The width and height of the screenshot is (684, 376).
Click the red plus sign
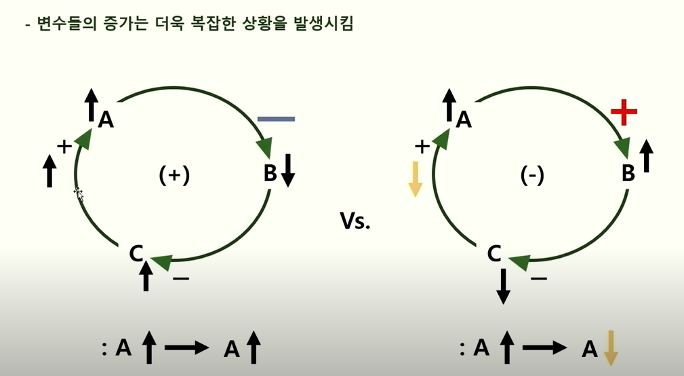[624, 113]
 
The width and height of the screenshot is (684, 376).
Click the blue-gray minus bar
[276, 119]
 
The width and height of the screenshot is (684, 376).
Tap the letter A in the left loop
[106, 119]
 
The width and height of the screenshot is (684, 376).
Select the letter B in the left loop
[270, 174]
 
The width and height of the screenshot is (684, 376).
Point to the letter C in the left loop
[136, 254]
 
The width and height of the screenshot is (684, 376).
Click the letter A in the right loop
[464, 119]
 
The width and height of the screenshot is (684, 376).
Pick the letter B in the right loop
[628, 174]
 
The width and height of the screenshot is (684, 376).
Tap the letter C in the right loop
[494, 254]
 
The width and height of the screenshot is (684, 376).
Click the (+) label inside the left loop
[174, 175]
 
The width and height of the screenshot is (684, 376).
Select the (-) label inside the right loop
[532, 175]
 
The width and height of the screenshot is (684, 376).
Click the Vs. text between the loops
[355, 221]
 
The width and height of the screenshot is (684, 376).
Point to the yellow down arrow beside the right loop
[415, 179]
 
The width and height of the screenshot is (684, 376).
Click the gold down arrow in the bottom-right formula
[611, 347]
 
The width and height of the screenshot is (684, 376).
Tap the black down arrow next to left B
[288, 170]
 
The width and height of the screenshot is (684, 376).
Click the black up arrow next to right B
[646, 155]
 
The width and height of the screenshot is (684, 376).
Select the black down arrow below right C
[503, 286]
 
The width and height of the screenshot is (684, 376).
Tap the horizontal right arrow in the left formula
[186, 348]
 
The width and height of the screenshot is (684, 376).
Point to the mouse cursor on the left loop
[78, 193]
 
